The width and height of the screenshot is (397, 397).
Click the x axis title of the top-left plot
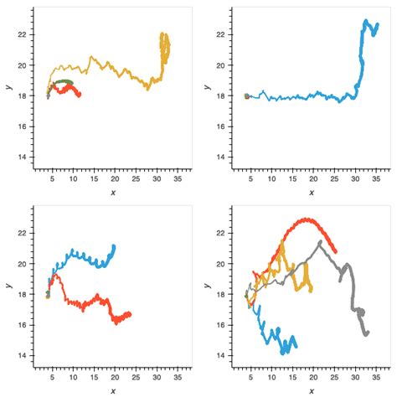click(x=112, y=193)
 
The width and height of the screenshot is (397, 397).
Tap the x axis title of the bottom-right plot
click(x=311, y=390)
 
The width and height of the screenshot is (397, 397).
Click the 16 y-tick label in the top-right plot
click(x=219, y=126)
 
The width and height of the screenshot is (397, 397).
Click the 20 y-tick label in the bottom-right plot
click(x=219, y=263)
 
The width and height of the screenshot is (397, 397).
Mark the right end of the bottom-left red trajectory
click(x=130, y=314)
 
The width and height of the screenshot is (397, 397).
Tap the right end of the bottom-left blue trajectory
click(x=114, y=246)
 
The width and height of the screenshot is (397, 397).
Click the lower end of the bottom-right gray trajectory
click(x=366, y=333)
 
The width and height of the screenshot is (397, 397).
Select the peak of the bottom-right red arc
click(x=307, y=219)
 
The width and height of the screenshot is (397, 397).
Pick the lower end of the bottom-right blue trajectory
click(x=295, y=346)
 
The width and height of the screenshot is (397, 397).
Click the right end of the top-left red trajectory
click(x=80, y=95)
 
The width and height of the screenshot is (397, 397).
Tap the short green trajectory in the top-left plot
click(x=64, y=82)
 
